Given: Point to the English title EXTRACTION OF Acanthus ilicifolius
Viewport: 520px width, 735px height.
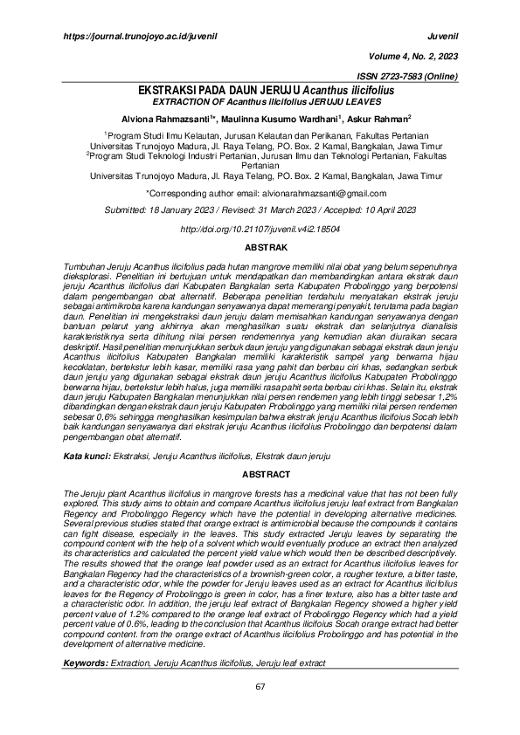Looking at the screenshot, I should [260, 101].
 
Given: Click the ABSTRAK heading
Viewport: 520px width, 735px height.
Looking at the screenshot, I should [260, 247].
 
